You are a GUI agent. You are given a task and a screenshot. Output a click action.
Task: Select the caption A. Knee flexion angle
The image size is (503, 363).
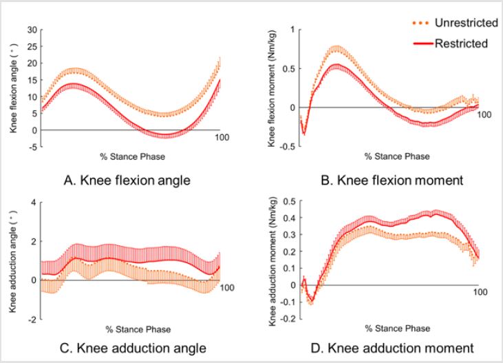coord(129,182)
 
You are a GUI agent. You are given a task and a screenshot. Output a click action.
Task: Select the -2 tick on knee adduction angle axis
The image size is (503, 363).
coord(30,320)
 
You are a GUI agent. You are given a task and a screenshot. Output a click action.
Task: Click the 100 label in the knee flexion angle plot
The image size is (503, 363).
coord(222,138)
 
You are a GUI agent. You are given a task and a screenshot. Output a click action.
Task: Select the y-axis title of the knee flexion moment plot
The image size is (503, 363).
coord(272,87)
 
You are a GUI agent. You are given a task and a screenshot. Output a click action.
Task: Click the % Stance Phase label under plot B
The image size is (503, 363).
coord(397,156)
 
